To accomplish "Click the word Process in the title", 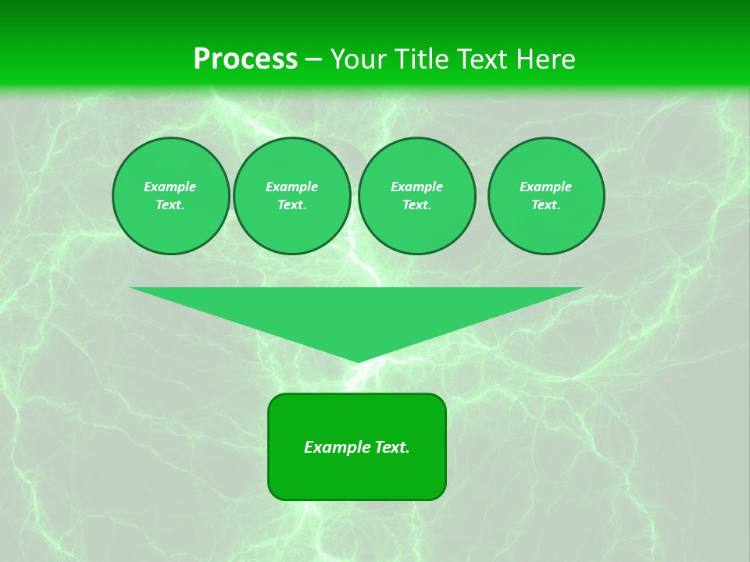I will point(245,59).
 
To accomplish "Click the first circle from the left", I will point(170,196).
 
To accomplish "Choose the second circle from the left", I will point(291,196).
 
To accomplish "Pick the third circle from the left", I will point(416,196).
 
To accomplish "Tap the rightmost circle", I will point(545,196).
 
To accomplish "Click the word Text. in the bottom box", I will point(391,447).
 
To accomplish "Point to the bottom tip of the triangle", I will point(357,361).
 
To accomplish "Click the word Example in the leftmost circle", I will point(170,187).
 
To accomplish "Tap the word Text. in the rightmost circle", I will point(545,205).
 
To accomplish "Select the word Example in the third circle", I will point(416,187).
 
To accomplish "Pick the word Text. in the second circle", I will point(291,205).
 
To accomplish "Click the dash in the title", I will point(313,60).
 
